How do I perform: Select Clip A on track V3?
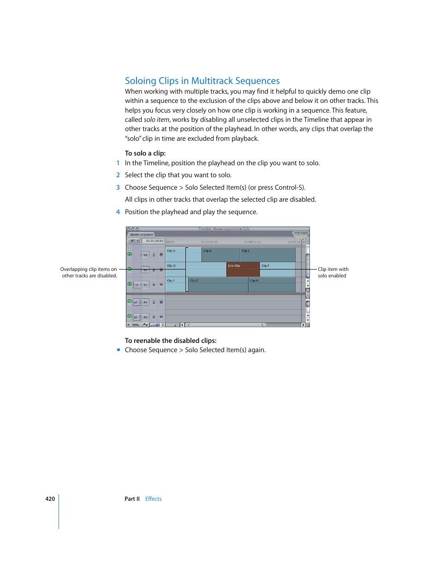[x=175, y=255]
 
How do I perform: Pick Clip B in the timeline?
[x=220, y=255]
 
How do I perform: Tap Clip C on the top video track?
[x=268, y=255]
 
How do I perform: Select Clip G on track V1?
[x=218, y=285]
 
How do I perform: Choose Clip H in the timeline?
[x=271, y=285]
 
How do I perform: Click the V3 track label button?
[x=145, y=255]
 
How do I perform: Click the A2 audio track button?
[x=145, y=317]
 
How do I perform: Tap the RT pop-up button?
[x=134, y=241]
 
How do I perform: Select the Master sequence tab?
[x=142, y=234]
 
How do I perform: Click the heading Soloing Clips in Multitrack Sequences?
[x=202, y=81]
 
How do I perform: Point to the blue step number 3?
[x=118, y=187]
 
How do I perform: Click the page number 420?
[x=50, y=499]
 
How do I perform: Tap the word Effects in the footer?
[x=153, y=499]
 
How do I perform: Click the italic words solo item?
[x=156, y=120]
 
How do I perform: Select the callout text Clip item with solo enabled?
[x=333, y=272]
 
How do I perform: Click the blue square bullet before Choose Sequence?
[x=119, y=350]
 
